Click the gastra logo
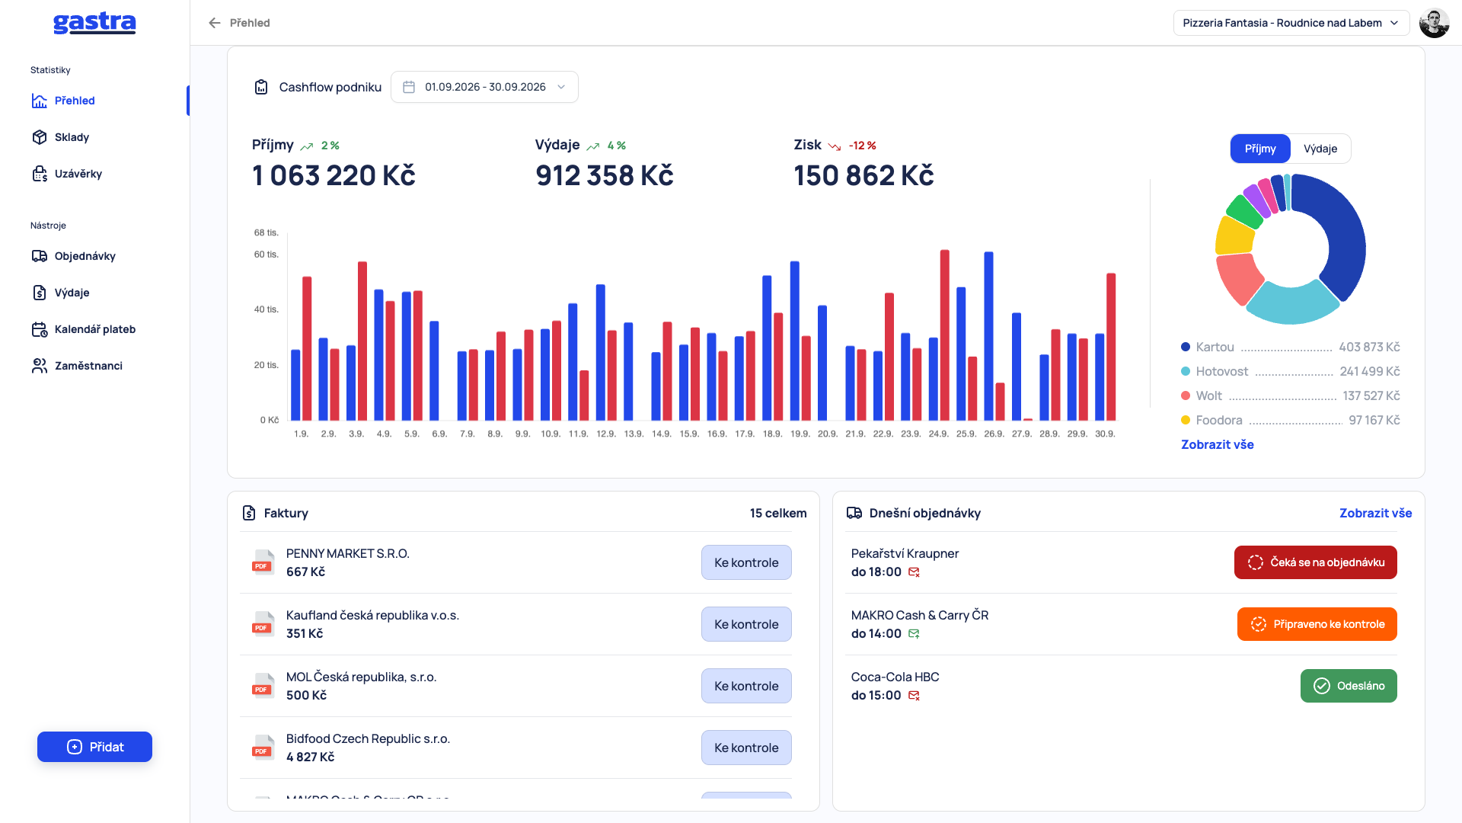coord(94,23)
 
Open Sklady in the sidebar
coord(72,137)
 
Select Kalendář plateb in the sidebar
coord(94,329)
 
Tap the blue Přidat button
coord(94,747)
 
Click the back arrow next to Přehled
coord(215,23)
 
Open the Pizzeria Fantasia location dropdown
coord(1291,23)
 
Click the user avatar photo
coord(1435,23)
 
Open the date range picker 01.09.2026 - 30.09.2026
coord(484,87)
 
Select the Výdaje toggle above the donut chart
coord(1320,149)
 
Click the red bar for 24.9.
coord(945,335)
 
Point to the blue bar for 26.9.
coord(988,336)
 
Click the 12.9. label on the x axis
coord(606,434)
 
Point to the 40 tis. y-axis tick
coord(267,309)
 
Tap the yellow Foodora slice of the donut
coord(1234,235)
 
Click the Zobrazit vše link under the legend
coord(1218,444)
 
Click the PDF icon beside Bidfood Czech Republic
coord(263,748)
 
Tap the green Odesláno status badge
coord(1349,686)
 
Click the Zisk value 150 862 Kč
coord(863,175)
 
